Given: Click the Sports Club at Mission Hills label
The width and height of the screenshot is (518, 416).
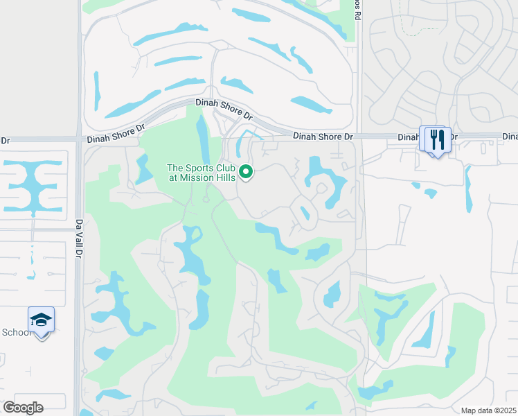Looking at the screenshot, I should tap(201, 173).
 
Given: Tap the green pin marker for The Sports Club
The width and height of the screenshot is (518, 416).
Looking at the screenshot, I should tap(245, 171).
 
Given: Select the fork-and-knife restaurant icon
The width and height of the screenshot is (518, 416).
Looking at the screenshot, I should tap(437, 139).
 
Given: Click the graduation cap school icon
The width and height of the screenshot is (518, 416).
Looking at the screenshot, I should tap(42, 320).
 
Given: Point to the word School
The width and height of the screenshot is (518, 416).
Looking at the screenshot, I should tap(15, 332).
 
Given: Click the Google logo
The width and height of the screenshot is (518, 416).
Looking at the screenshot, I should tap(23, 407).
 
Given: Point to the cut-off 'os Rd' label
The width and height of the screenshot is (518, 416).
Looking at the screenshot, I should tap(357, 8).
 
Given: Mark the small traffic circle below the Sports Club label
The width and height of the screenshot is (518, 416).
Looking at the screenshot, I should tap(206, 200).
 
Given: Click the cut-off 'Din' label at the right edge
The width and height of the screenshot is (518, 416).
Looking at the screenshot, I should tap(510, 137).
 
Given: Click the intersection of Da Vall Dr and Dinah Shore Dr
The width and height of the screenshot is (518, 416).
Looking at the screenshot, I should tap(80, 141).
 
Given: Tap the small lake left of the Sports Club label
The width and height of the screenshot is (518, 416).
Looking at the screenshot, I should tap(143, 168).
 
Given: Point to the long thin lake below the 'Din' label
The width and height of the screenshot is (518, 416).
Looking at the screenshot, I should tap(469, 187).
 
